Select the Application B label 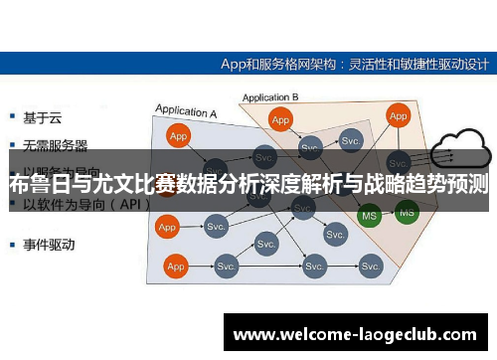tap(270, 97)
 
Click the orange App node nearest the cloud tap(399, 116)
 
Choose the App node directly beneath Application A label tap(179, 136)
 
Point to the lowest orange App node tap(176, 267)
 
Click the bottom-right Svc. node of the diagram tap(371, 267)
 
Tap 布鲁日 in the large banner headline tap(36, 184)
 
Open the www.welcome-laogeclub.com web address tap(354, 334)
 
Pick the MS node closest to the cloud tap(406, 211)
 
